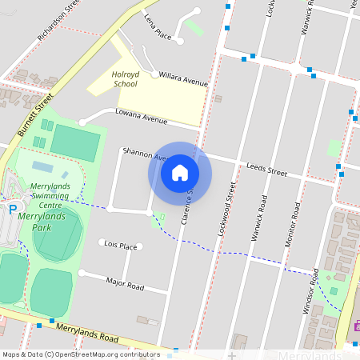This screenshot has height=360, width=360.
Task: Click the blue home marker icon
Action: tap(180, 173)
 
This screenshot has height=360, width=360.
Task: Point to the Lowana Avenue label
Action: tap(141, 117)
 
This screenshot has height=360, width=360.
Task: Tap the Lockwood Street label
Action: tap(226, 212)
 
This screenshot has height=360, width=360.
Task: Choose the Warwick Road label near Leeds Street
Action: tap(260, 211)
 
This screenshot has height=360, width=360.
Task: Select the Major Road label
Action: tap(125, 283)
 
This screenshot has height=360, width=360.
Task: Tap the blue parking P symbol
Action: tap(12, 210)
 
